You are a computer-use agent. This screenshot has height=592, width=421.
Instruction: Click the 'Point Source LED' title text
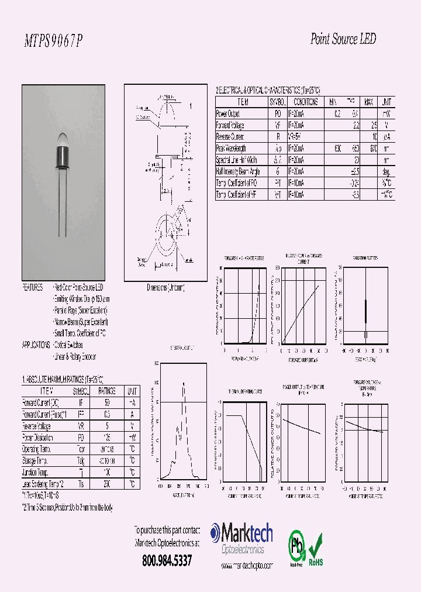click(342, 39)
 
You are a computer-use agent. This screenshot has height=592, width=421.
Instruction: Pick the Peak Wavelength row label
click(232, 148)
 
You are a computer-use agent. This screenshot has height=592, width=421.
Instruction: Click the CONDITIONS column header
click(304, 102)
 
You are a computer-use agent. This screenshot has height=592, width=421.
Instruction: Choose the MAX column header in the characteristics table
click(369, 102)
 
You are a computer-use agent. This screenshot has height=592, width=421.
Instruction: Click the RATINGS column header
click(107, 391)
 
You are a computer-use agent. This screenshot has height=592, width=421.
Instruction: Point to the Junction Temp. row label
click(37, 472)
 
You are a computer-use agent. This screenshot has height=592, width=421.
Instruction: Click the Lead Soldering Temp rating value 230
click(107, 484)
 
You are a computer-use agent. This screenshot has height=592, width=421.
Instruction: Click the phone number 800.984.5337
click(167, 560)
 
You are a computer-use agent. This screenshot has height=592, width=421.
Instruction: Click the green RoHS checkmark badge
click(316, 547)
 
